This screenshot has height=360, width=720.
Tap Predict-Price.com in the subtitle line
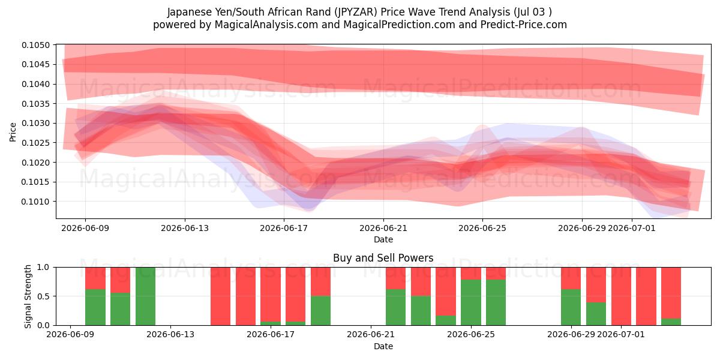524,25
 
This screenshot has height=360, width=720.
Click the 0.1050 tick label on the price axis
36,45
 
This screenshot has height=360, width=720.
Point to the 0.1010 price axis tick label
36,202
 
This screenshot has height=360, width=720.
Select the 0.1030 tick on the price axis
36,123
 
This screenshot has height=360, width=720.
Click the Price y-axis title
13,132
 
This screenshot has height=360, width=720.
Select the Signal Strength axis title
28,296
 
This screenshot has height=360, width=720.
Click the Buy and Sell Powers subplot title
383,258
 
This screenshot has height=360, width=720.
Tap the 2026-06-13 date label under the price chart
185,228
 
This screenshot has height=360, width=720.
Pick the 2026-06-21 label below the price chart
383,228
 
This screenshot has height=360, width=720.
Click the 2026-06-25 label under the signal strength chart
471,334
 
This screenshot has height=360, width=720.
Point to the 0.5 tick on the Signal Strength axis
43,296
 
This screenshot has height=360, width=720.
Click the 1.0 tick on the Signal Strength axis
43,267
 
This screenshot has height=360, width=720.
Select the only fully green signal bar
145,296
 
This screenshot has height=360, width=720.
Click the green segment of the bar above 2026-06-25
471,302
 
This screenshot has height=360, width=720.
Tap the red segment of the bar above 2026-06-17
271,295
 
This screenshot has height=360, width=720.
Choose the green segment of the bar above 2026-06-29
571,307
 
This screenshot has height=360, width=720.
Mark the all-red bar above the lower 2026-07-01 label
621,296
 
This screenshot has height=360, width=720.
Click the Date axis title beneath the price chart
383,239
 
